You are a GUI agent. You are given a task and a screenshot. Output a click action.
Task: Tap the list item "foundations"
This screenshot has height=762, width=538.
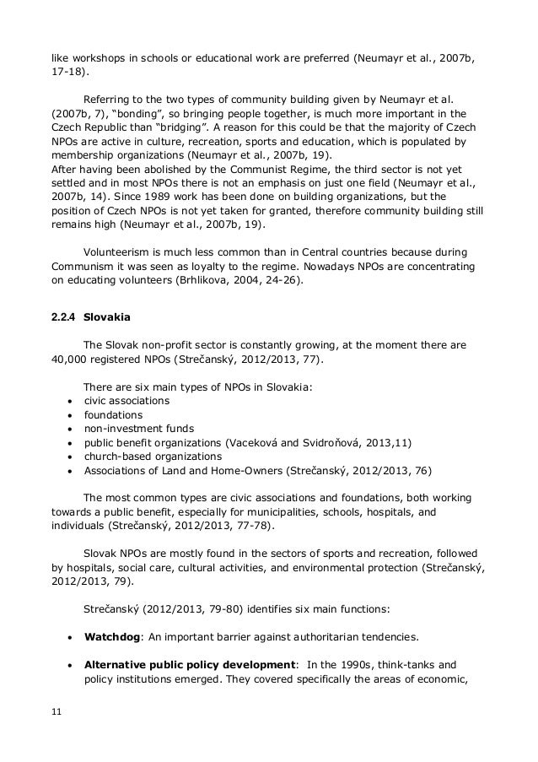113,414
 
